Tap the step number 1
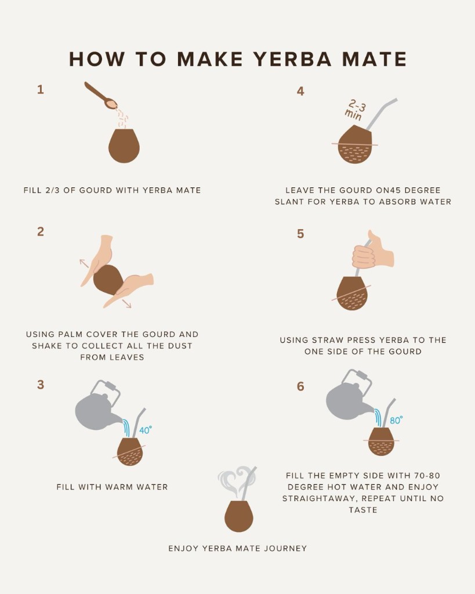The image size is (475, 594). pyautogui.click(x=40, y=89)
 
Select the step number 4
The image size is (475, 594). pyautogui.click(x=300, y=90)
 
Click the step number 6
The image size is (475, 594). pyautogui.click(x=300, y=386)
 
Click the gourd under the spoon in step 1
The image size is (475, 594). pyautogui.click(x=124, y=146)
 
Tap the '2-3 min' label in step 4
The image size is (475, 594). pyautogui.click(x=355, y=109)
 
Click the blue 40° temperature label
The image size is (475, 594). pyautogui.click(x=145, y=430)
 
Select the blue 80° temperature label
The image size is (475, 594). pyautogui.click(x=396, y=420)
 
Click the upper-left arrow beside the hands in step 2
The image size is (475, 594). pyautogui.click(x=84, y=263)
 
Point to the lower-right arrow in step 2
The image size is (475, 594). pyautogui.click(x=127, y=303)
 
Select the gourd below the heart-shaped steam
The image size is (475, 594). pyautogui.click(x=239, y=515)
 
